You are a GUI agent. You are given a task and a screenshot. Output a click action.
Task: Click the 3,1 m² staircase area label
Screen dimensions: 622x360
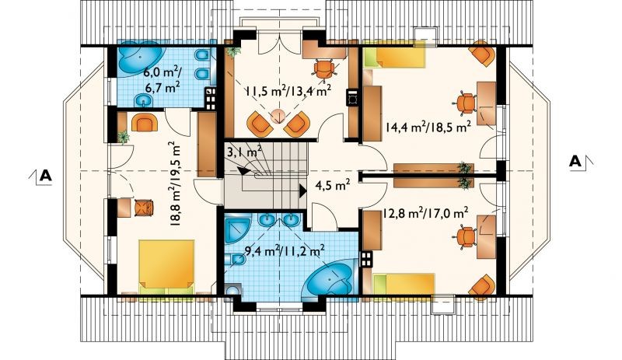(x=244, y=152)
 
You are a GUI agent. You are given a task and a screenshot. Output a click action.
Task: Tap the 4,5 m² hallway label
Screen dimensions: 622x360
(x=333, y=184)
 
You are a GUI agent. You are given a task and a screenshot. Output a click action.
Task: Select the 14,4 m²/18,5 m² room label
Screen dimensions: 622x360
(x=428, y=128)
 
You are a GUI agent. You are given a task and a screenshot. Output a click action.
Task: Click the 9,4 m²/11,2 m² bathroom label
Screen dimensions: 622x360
(x=285, y=251)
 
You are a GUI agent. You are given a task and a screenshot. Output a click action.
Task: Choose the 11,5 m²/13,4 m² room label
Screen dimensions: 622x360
(x=288, y=91)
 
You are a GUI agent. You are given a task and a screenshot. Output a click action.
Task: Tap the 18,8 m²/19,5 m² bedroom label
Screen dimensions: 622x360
(x=175, y=183)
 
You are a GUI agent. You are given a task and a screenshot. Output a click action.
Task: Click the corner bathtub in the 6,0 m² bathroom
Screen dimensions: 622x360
(x=139, y=59)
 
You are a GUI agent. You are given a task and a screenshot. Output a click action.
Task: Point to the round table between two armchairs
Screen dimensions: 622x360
(x=278, y=117)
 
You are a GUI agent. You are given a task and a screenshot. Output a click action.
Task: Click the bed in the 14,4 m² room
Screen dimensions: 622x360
(x=395, y=54)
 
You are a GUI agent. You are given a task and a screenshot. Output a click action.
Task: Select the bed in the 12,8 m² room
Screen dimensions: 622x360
(x=404, y=284)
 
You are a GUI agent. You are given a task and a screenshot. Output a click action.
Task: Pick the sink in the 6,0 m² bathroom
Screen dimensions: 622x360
(x=142, y=101)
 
